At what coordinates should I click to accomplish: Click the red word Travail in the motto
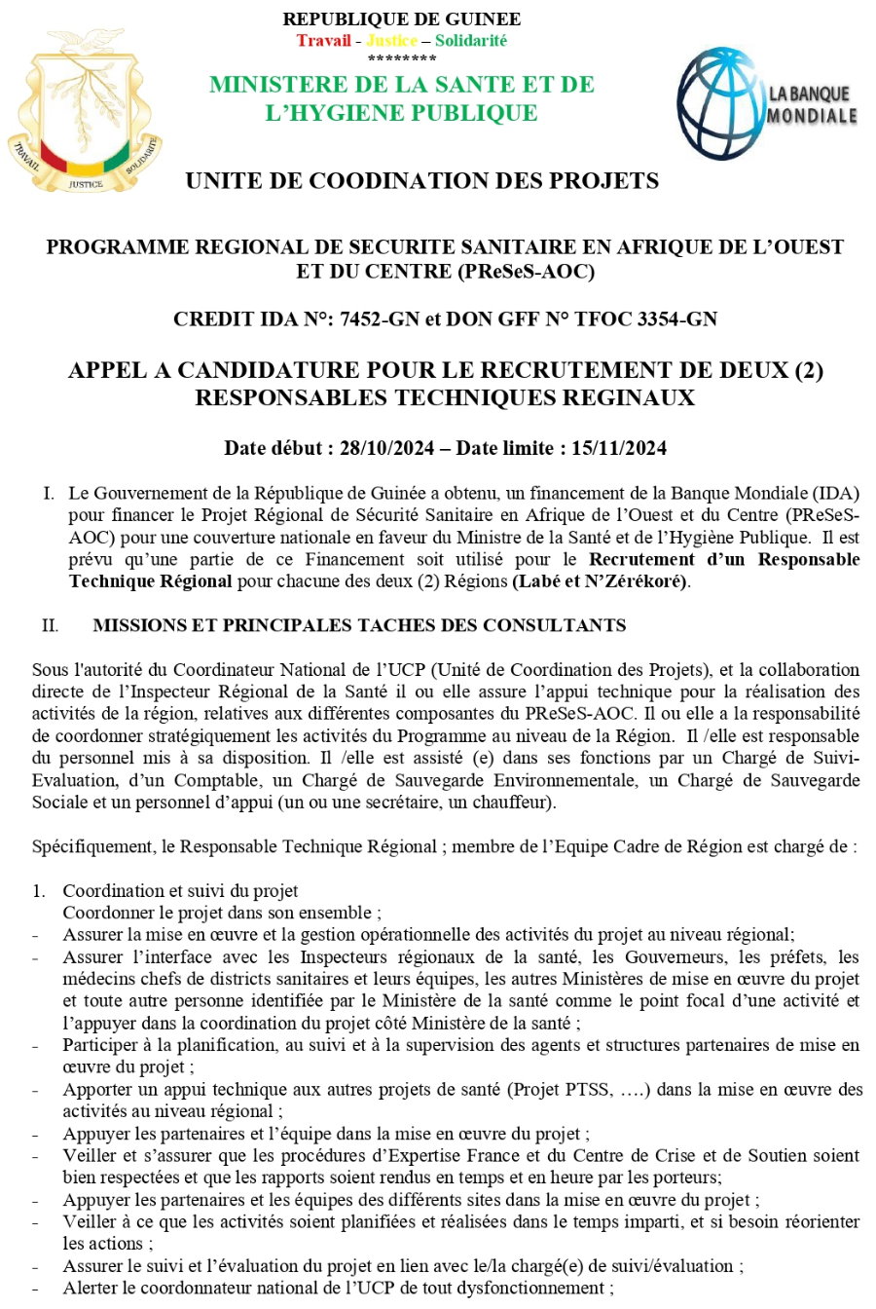pos(324,41)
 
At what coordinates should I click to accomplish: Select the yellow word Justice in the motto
pos(391,41)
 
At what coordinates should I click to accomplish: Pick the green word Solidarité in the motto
pos(471,41)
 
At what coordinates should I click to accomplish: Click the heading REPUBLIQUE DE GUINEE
pos(401,19)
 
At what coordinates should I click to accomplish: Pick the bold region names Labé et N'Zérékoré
pos(600,581)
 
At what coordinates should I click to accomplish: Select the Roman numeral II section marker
pos(50,625)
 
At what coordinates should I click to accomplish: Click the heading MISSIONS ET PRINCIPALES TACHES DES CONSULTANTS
pos(359,625)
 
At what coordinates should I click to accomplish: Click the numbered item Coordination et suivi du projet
pos(180,891)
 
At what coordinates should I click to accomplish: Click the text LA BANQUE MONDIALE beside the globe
pos(812,105)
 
